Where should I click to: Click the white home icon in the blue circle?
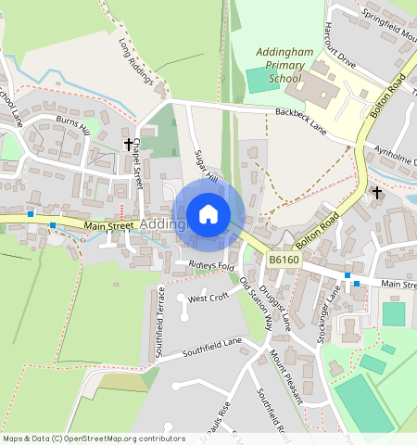click(208, 214)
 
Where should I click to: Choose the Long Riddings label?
click(136, 61)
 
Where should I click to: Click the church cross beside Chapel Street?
click(129, 145)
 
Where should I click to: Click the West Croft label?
click(208, 298)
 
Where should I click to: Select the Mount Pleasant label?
click(286, 376)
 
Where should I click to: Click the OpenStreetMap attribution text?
click(93, 439)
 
